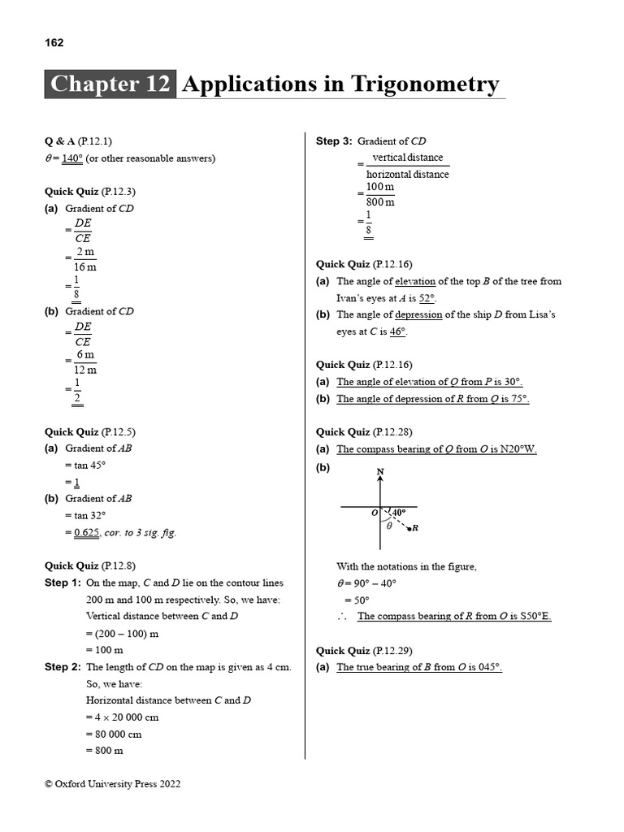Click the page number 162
point(54,43)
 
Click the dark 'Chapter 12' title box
point(110,84)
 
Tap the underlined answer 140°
point(72,158)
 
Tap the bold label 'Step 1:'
point(63,583)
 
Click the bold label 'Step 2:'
point(63,667)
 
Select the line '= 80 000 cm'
point(114,734)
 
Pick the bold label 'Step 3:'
point(334,141)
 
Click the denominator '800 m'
point(380,202)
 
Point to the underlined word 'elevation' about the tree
point(415,281)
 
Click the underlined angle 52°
point(427,298)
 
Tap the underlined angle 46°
point(398,331)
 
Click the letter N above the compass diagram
point(380,472)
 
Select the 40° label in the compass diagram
point(398,513)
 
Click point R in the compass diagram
point(414,529)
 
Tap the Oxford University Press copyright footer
point(113,784)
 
